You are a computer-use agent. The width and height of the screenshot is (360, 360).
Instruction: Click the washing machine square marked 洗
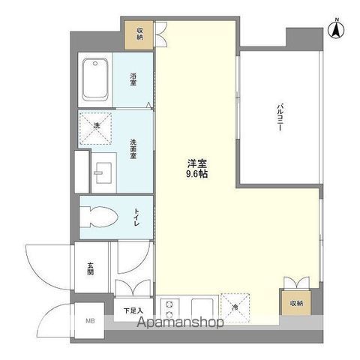coord(96,126)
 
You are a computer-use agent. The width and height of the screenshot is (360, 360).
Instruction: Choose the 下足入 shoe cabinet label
coord(133,308)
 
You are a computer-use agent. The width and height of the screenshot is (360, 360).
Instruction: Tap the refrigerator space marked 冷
coord(235,307)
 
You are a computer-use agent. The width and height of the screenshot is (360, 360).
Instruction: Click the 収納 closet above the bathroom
coord(140,34)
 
